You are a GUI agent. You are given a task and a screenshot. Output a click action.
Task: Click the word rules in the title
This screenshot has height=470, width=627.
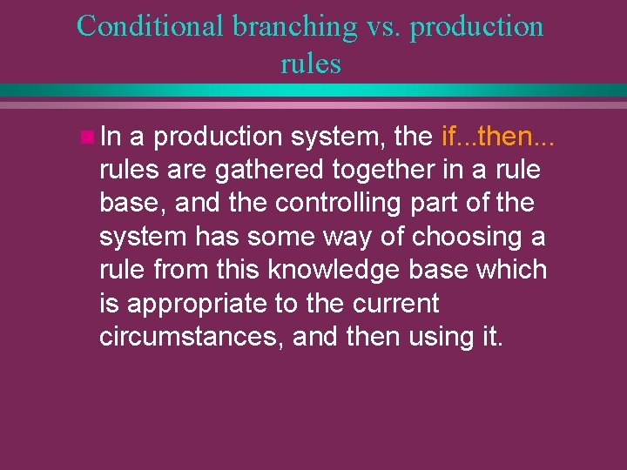[311, 63]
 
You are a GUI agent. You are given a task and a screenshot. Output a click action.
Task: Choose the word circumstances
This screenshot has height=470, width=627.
[191, 337]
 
